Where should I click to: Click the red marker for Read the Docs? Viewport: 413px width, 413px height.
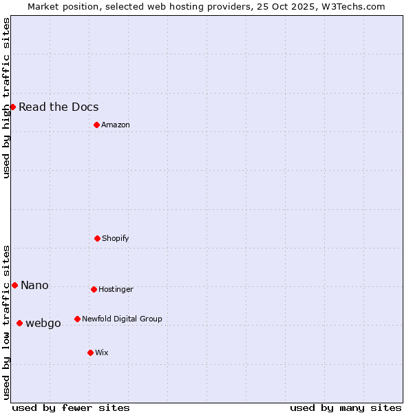[12, 107]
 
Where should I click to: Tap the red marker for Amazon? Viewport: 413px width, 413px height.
[96, 125]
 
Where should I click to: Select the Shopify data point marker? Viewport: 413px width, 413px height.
[97, 238]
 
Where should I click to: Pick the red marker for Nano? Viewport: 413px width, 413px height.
[14, 285]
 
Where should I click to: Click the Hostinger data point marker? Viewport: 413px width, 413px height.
[94, 289]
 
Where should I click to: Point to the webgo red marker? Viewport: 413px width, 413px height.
[19, 323]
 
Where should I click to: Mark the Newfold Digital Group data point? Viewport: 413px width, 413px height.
[77, 319]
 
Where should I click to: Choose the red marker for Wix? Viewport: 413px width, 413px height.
[90, 352]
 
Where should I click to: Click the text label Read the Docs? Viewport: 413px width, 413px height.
[59, 107]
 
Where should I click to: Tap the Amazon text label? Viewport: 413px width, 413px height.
[116, 125]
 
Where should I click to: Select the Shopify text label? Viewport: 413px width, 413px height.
[116, 238]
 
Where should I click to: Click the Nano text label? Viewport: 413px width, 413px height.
[34, 285]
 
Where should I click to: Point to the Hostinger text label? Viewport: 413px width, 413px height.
[116, 289]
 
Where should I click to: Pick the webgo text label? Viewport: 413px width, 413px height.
[43, 323]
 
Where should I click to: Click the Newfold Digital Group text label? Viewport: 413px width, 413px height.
[122, 319]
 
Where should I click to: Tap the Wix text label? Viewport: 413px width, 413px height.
[102, 352]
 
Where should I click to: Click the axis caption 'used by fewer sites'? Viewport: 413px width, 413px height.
[71, 407]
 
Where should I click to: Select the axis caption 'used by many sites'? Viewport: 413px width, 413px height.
[346, 407]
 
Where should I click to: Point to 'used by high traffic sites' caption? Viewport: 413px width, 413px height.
[6, 98]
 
